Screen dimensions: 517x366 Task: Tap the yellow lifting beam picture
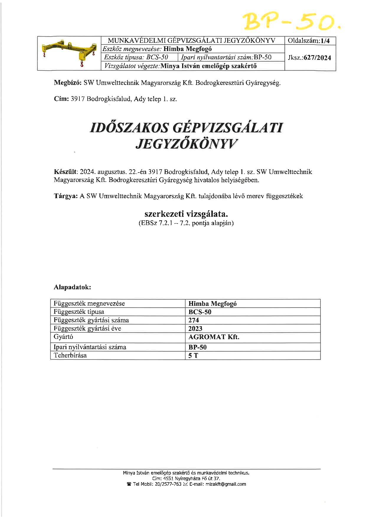click(69, 53)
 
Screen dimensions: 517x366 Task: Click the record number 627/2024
click(317, 58)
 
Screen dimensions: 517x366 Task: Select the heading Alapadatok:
click(72, 287)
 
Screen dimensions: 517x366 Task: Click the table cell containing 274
click(194, 320)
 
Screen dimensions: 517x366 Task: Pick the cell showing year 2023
click(195, 329)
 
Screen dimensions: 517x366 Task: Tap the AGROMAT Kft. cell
click(214, 337)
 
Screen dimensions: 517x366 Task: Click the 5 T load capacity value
click(193, 356)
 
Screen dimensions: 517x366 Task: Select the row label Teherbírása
click(70, 355)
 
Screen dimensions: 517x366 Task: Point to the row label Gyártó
click(63, 337)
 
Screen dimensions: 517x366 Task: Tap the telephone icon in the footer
click(129, 484)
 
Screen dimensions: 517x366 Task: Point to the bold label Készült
click(65, 172)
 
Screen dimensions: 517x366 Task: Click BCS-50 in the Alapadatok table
click(200, 312)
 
